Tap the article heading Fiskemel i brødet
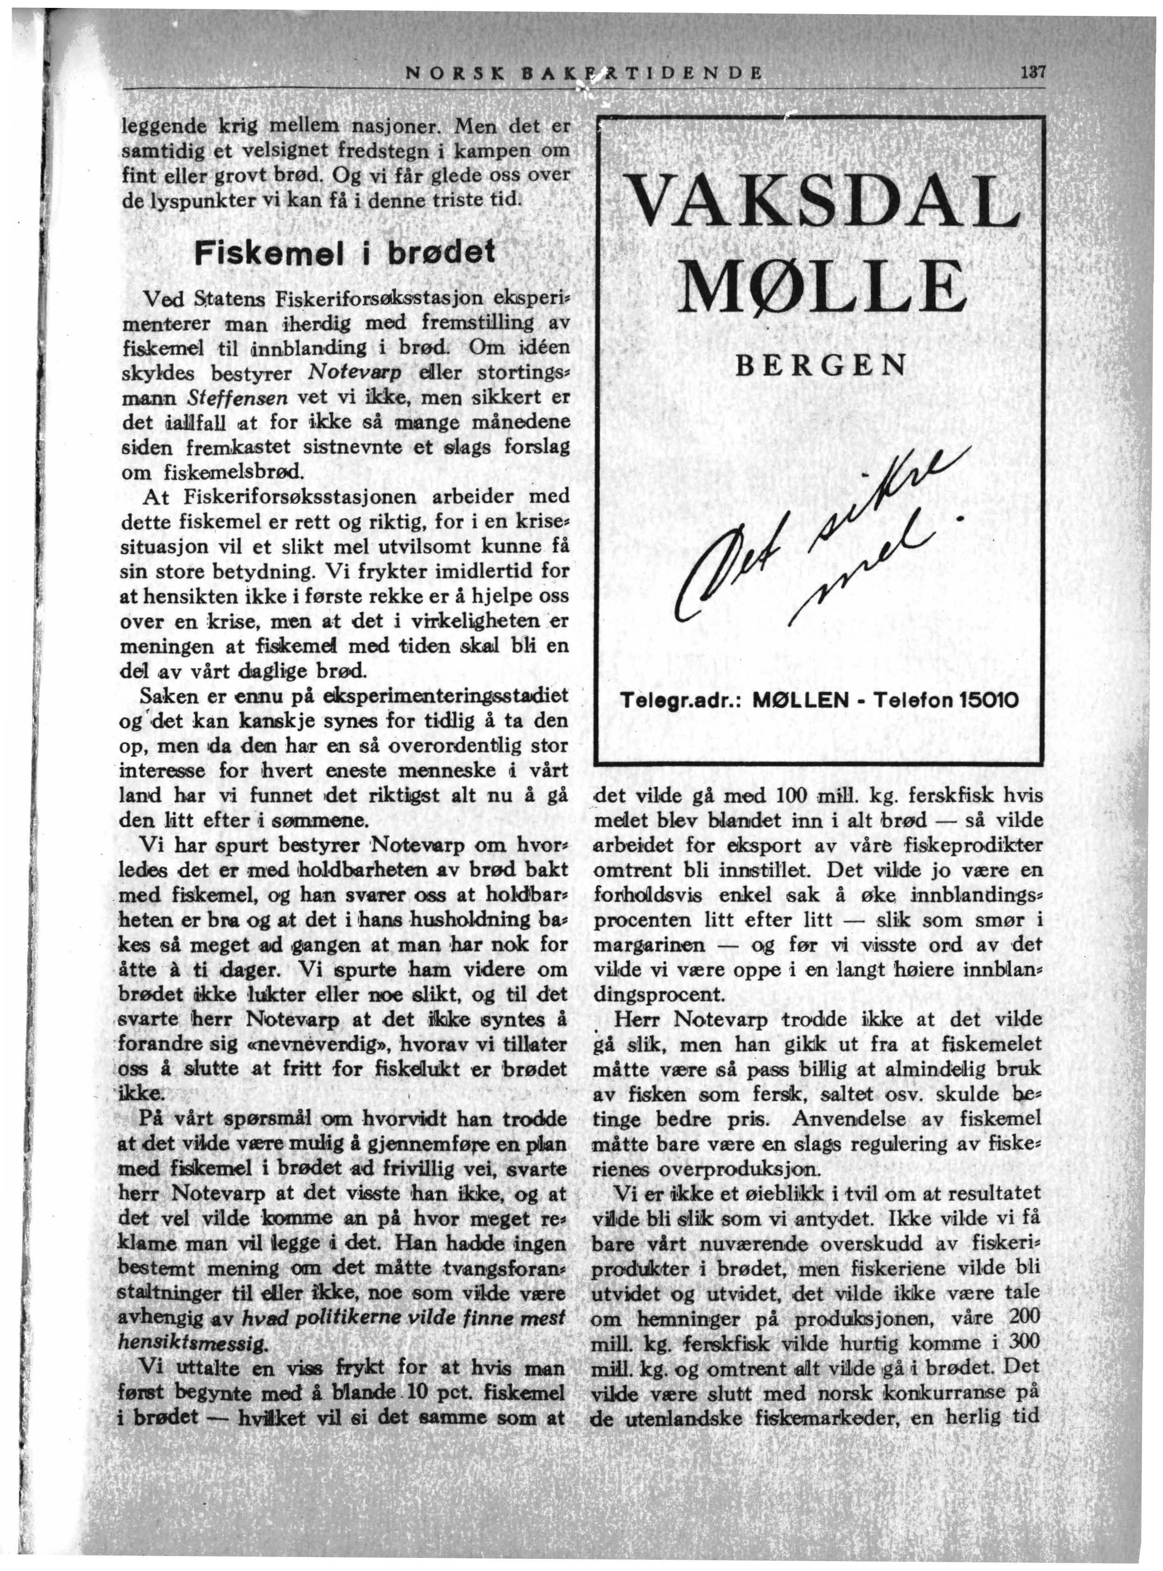point(346,251)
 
